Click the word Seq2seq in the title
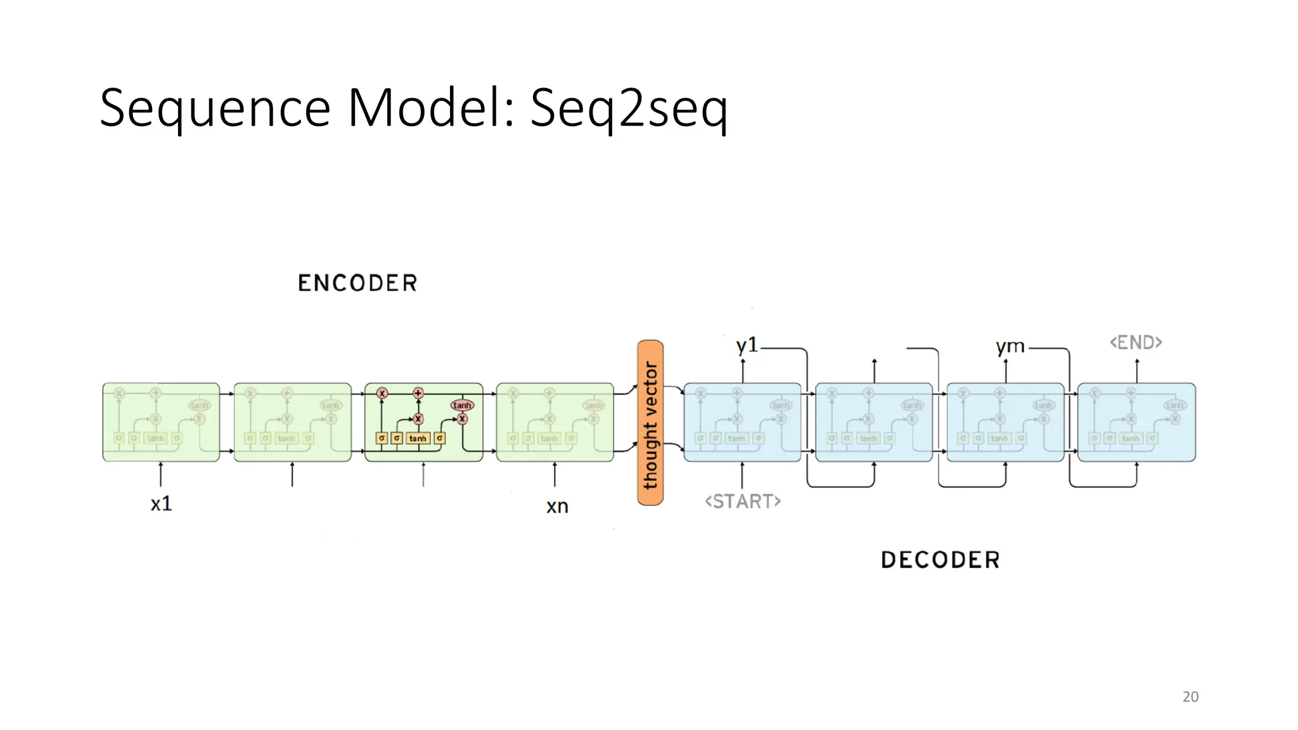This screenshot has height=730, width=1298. coord(628,109)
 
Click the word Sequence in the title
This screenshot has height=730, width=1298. coord(215,109)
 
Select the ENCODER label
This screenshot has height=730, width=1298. coord(357,283)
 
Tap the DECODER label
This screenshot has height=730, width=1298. coord(940,560)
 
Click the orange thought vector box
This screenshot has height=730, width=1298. coord(650,423)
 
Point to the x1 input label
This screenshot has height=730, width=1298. coord(161,504)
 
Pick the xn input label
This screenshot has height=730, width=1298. coord(557,506)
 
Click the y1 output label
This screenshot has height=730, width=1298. coord(747,345)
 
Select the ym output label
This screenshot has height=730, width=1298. coord(1010,347)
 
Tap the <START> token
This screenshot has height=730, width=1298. coord(743,501)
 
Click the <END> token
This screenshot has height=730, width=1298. coord(1136,343)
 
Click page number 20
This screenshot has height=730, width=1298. coord(1190,696)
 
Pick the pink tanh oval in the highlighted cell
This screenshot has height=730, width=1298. coord(462,405)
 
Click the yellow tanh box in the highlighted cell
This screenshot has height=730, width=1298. coord(418,438)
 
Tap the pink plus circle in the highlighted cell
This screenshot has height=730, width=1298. coord(418,393)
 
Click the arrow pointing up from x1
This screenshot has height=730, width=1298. coord(161,475)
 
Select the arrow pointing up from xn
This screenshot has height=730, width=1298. coord(555,475)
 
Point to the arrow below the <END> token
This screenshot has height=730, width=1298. coord(1137,371)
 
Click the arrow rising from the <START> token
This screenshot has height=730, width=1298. coord(742,475)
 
